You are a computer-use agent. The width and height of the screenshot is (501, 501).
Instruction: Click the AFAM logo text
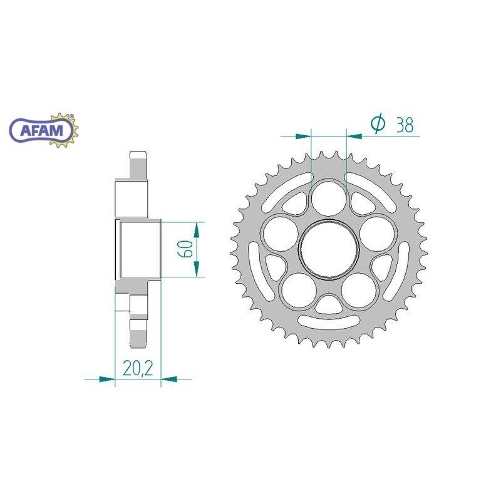tap(41, 131)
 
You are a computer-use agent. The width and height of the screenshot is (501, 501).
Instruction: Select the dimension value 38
tap(405, 125)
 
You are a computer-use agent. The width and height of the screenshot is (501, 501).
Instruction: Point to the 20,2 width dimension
tap(138, 368)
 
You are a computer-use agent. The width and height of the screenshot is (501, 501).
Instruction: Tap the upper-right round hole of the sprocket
tap(377, 234)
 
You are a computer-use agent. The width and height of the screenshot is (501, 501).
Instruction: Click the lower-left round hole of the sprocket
tap(299, 291)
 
